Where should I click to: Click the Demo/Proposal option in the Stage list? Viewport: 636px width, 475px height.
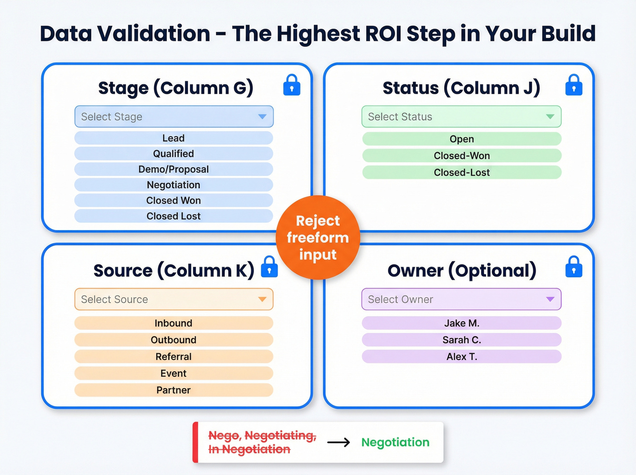click(174, 170)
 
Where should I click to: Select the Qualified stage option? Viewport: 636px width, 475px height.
click(174, 154)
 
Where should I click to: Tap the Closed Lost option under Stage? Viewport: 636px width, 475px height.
click(174, 216)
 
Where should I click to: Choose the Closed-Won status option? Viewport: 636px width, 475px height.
click(462, 156)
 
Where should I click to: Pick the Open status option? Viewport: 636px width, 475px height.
click(462, 139)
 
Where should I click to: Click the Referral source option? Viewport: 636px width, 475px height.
click(174, 357)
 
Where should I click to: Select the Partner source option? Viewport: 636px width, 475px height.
click(174, 390)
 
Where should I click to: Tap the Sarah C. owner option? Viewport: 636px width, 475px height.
click(462, 340)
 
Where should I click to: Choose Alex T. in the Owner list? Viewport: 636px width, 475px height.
click(462, 357)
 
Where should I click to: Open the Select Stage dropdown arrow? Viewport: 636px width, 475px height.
click(262, 117)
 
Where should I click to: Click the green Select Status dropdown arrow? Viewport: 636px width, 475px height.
click(550, 117)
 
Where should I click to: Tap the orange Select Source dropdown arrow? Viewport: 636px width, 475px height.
click(262, 299)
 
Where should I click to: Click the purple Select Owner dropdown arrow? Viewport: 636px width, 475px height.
click(550, 299)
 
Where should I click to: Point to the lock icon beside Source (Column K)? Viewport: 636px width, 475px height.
click(269, 267)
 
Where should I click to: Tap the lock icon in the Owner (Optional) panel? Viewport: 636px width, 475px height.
click(574, 267)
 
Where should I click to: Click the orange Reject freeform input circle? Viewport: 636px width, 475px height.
click(318, 238)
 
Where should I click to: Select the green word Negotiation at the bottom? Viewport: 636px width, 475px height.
click(395, 442)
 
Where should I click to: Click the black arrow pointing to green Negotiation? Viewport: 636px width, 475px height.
click(338, 442)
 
